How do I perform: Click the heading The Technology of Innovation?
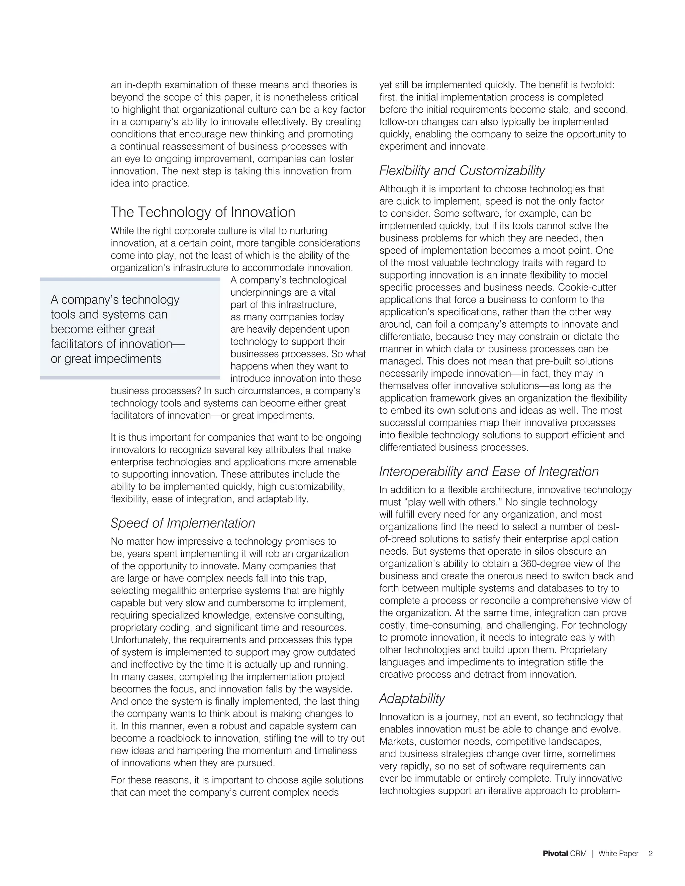pos(203,212)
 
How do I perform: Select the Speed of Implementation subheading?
pos(183,523)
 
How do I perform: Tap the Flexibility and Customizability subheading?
pos(462,171)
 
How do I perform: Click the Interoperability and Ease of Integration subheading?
pos(489,471)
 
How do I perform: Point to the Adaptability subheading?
pos(412,698)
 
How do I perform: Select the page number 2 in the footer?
pos(651,854)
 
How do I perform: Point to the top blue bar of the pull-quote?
pos(130,279)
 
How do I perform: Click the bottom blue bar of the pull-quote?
pos(130,378)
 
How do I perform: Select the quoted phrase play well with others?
pos(442,502)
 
